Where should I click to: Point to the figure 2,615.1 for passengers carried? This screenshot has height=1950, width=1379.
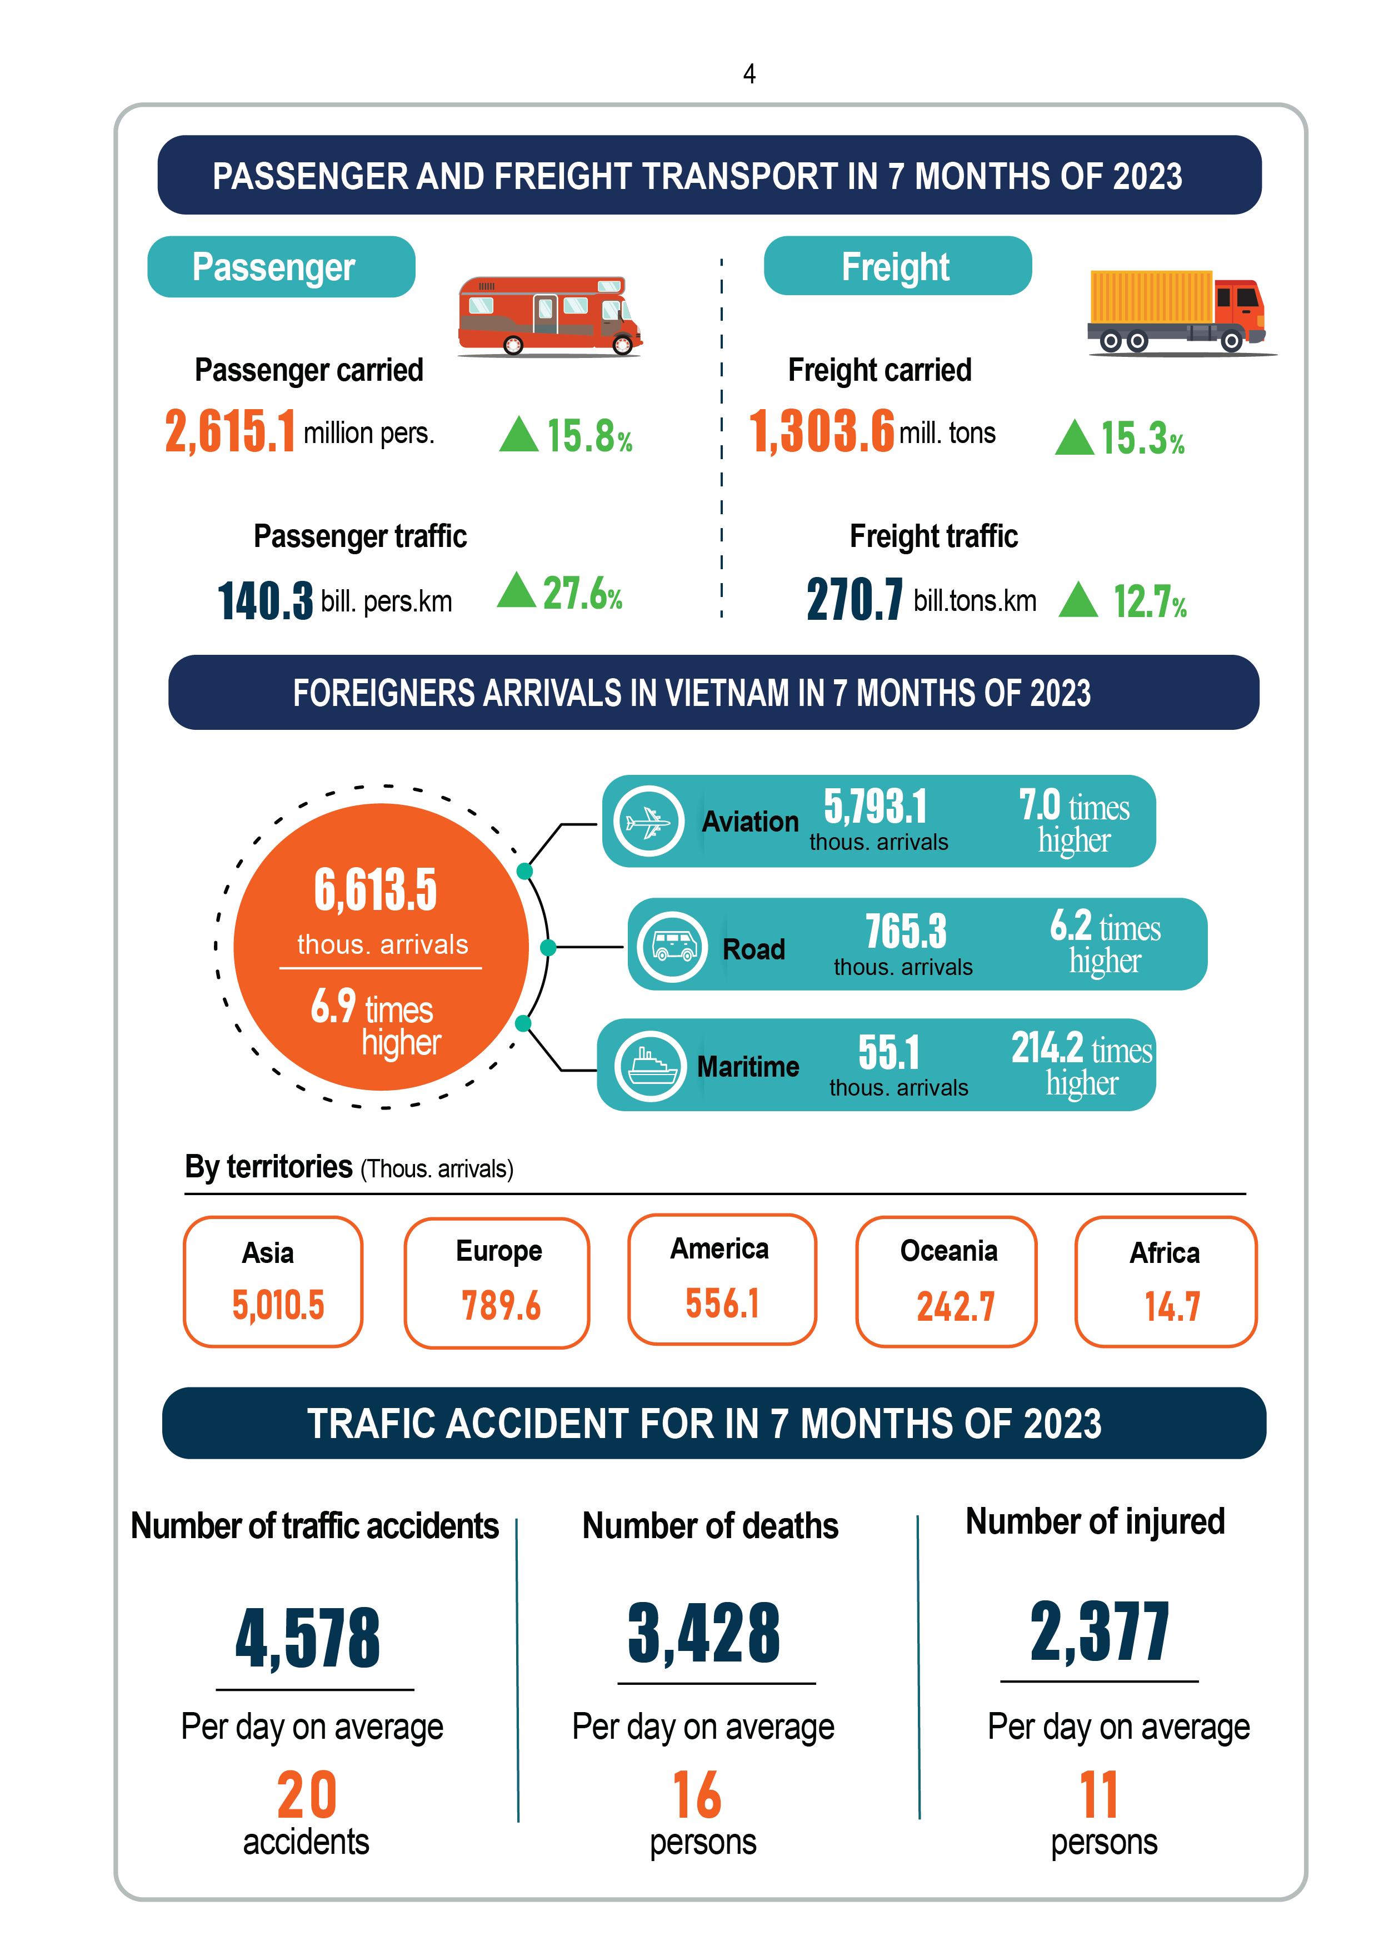click(x=230, y=431)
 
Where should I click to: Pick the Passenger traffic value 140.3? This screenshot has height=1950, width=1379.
click(x=265, y=600)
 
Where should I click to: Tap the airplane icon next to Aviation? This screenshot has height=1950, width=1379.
click(x=649, y=821)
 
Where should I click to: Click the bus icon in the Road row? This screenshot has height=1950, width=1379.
click(x=672, y=946)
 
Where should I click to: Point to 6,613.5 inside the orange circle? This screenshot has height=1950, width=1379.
click(x=376, y=890)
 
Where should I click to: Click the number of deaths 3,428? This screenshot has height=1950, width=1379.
click(x=704, y=1633)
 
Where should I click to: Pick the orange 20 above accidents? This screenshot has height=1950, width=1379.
click(x=307, y=1794)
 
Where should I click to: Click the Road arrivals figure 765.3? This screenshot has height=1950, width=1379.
click(x=905, y=931)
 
